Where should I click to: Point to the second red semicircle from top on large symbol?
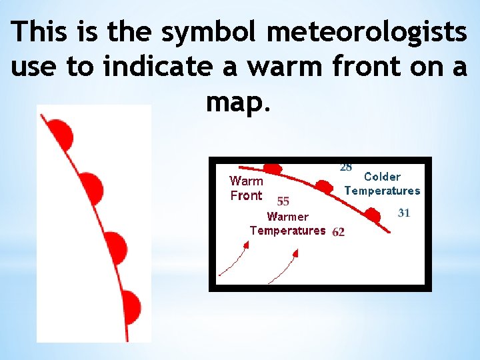[92, 188]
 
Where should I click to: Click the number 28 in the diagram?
[346, 166]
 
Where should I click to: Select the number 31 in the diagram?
[403, 213]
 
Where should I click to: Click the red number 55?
[283, 201]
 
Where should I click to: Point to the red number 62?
[338, 233]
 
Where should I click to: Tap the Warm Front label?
[246, 188]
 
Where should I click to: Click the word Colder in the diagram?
[382, 177]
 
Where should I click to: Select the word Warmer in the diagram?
[287, 217]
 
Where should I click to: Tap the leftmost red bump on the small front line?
[272, 168]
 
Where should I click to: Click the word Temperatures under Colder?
[382, 191]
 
